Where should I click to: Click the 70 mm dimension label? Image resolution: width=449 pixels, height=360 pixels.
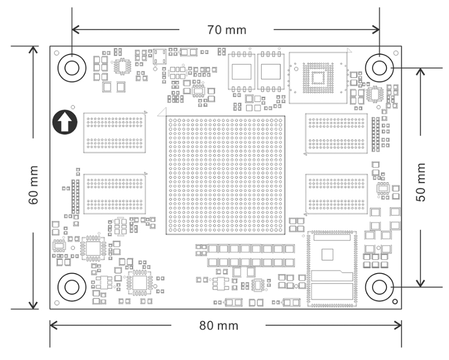click(x=227, y=30)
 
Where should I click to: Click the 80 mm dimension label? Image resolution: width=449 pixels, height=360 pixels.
click(x=219, y=326)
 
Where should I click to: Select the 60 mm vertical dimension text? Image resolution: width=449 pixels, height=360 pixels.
click(x=33, y=185)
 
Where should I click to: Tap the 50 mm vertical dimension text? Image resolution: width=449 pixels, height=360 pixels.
click(x=421, y=182)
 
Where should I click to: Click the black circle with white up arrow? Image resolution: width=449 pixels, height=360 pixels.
click(x=65, y=122)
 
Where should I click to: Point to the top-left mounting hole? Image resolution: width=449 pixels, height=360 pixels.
click(x=72, y=68)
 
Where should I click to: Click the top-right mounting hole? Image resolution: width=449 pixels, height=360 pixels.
click(x=379, y=68)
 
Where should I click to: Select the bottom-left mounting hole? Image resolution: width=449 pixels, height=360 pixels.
click(x=72, y=287)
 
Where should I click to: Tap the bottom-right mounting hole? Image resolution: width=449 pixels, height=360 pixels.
click(x=379, y=287)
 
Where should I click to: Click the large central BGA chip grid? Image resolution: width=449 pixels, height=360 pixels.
click(x=226, y=175)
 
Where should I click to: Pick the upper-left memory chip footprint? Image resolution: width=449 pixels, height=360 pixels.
click(x=115, y=133)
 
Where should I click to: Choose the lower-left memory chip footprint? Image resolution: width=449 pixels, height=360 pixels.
click(x=115, y=194)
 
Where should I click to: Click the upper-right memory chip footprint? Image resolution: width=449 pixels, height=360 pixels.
click(x=336, y=134)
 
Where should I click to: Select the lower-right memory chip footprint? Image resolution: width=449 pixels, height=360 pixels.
click(x=336, y=194)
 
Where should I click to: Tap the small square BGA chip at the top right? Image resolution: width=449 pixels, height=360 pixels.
click(x=318, y=78)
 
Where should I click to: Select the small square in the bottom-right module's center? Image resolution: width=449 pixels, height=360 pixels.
click(x=327, y=254)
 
